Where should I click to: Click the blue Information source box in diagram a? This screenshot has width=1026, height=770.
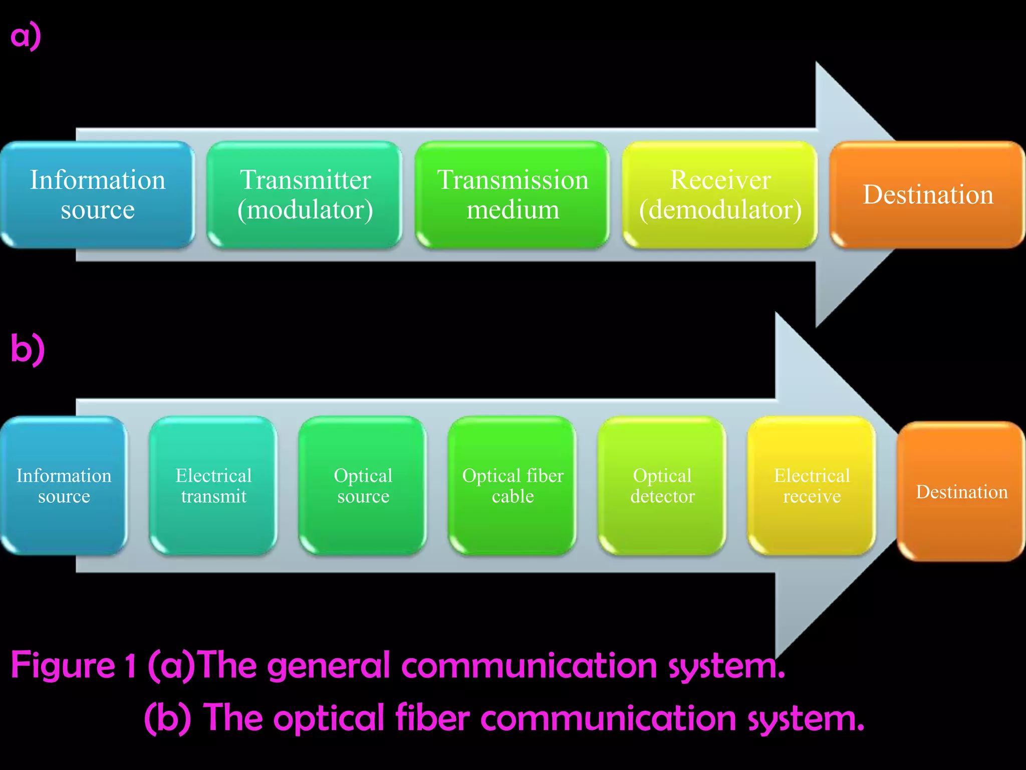(x=97, y=195)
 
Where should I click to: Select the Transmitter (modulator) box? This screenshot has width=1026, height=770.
(x=305, y=195)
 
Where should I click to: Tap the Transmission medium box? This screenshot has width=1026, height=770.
(x=512, y=195)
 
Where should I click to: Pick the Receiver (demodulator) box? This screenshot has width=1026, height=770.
(x=720, y=195)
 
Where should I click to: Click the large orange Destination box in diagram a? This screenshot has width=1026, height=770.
(x=927, y=195)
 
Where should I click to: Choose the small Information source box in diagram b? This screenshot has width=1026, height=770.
(x=64, y=485)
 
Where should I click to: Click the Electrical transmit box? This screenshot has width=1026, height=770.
(x=213, y=485)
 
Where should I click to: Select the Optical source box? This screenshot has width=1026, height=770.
(x=363, y=485)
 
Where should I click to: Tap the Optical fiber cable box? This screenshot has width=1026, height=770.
(x=512, y=485)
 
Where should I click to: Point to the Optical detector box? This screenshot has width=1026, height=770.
(x=662, y=485)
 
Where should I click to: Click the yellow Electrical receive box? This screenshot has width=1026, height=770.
(x=812, y=485)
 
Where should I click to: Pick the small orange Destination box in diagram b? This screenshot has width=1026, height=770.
(x=961, y=491)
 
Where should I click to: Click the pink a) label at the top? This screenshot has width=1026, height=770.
(x=26, y=36)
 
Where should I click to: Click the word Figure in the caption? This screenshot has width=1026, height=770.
(x=63, y=666)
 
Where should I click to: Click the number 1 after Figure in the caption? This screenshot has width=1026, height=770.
(x=130, y=666)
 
